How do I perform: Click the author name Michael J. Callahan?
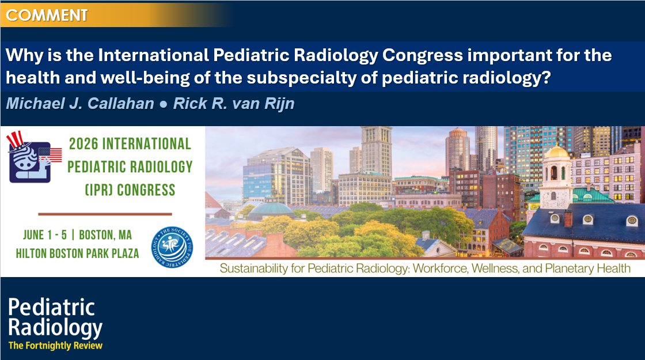[71, 105]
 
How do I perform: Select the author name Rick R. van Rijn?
[234, 105]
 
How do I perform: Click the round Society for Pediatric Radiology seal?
[171, 246]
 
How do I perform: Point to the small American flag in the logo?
[55, 154]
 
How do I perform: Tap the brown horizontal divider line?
[105, 214]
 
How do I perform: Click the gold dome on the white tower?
[557, 153]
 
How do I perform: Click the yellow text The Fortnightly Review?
[55, 346]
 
